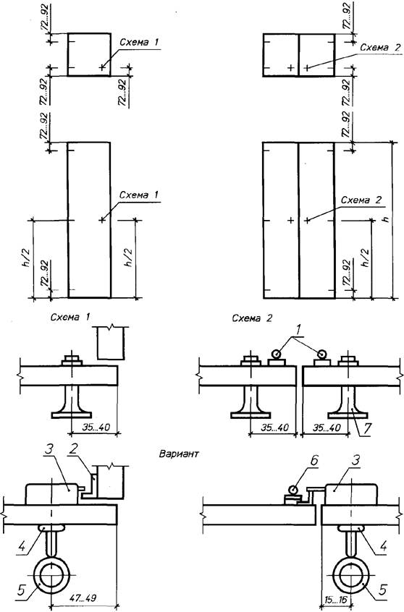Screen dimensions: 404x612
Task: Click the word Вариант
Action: point(179,454)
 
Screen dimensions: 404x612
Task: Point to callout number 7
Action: point(366,428)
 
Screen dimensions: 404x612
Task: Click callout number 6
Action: point(313,461)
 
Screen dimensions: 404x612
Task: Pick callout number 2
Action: point(73,449)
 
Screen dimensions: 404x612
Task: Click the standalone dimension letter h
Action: point(387,219)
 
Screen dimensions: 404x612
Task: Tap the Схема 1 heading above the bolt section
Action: point(70,317)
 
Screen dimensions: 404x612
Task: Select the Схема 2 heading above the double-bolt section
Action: point(252,318)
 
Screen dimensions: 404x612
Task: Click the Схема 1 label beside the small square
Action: point(140,42)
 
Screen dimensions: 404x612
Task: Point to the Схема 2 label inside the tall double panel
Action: point(361,200)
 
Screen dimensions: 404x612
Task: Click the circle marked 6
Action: point(293,490)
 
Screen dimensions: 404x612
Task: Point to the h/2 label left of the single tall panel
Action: point(27,258)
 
